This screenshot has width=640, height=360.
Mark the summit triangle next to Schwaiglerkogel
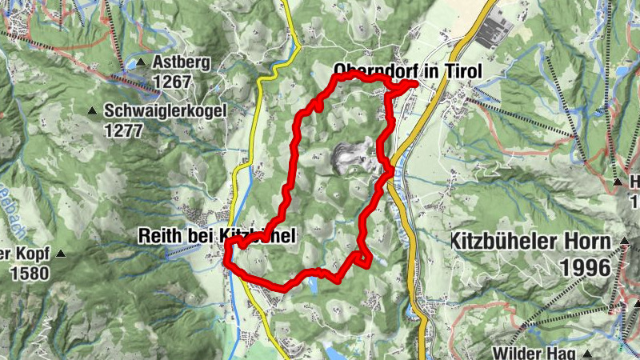point(93,110)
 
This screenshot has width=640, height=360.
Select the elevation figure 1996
point(586,267)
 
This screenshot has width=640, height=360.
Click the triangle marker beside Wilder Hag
point(587,352)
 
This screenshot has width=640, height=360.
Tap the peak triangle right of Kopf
point(61,254)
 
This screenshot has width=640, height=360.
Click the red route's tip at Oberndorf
point(414,83)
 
